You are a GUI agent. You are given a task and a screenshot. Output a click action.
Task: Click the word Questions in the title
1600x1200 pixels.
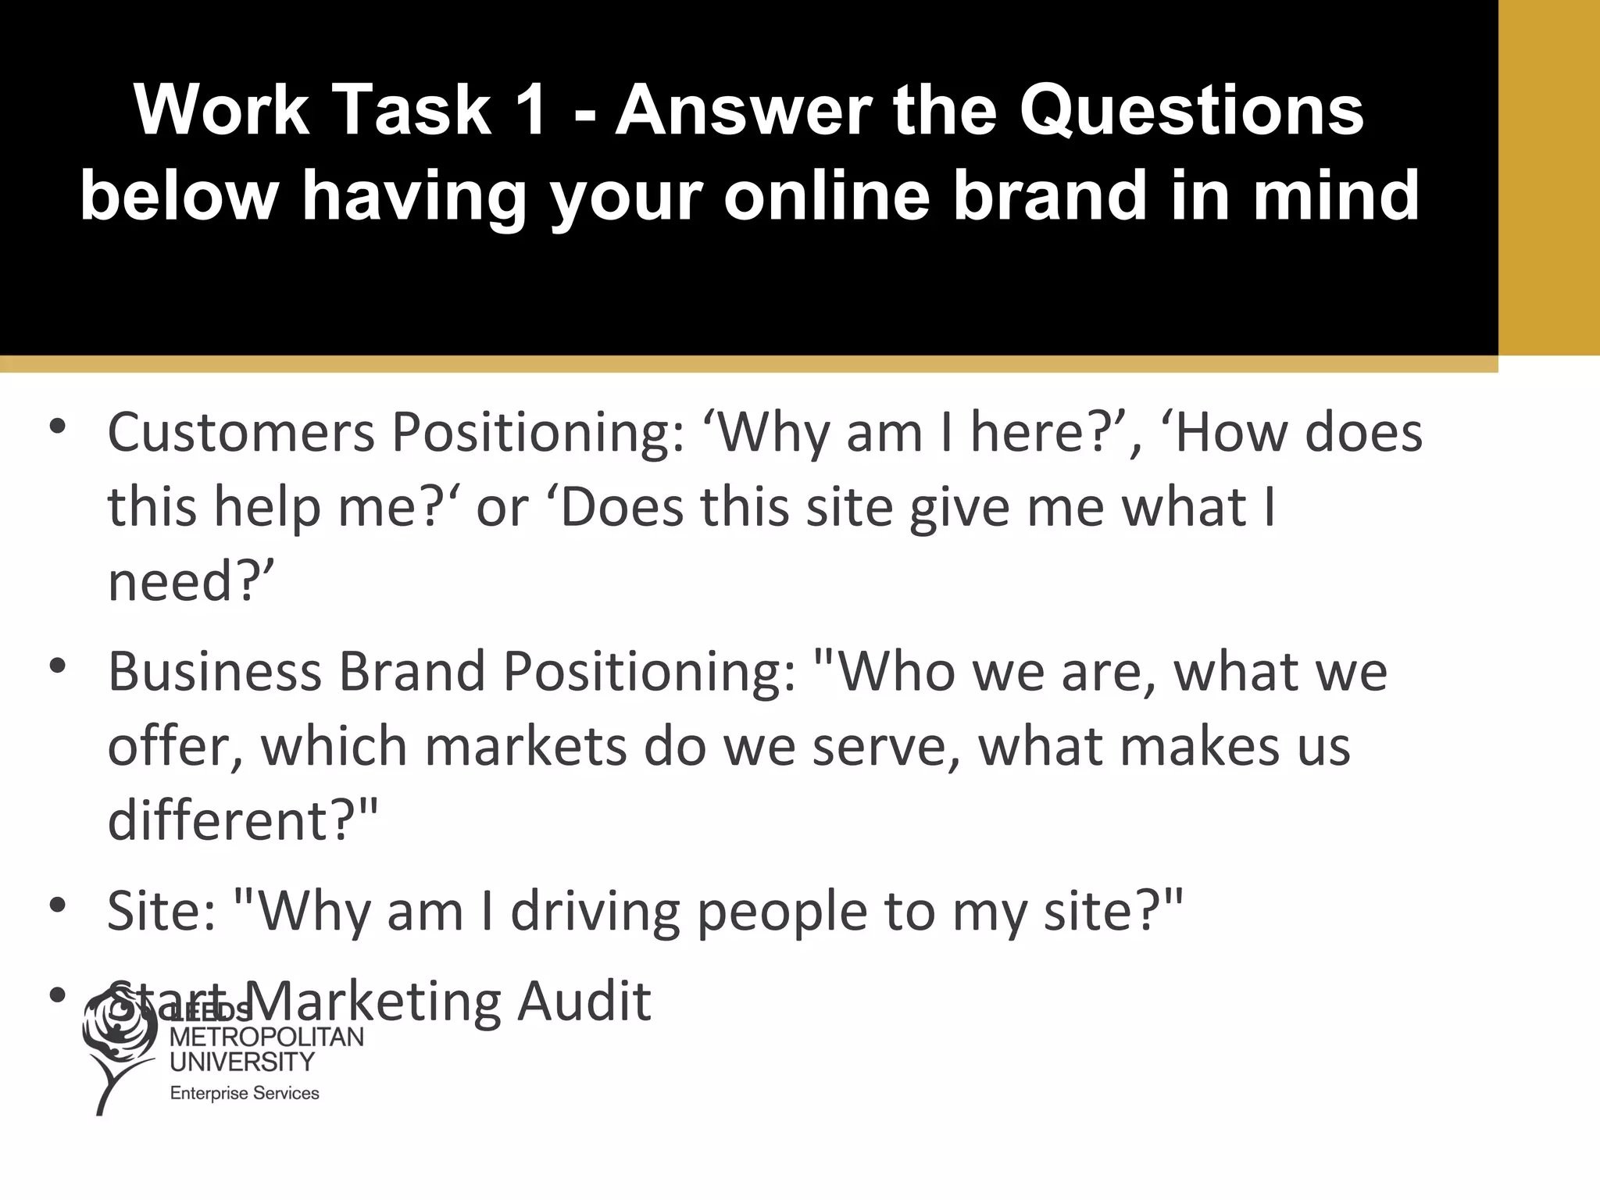click(x=1191, y=112)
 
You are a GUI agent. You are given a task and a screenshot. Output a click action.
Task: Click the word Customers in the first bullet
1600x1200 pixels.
click(x=241, y=433)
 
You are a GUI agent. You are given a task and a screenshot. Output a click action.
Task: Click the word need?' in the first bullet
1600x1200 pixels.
click(x=191, y=582)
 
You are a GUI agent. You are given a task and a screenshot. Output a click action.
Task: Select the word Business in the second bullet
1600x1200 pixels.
click(x=215, y=672)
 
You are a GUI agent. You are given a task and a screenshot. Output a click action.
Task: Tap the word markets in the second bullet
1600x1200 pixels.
click(x=525, y=746)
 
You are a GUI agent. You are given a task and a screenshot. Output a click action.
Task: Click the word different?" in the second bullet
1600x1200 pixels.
click(x=242, y=820)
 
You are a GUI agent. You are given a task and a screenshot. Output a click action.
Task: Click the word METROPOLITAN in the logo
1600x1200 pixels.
click(x=266, y=1037)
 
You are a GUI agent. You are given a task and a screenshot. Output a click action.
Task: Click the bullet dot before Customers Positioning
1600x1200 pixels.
click(x=57, y=427)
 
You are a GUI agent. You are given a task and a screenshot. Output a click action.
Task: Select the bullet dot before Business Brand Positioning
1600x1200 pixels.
click(x=57, y=666)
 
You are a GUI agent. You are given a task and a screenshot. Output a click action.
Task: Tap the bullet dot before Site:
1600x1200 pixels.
click(x=57, y=905)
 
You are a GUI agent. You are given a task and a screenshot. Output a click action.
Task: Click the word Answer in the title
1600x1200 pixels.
click(x=743, y=110)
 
